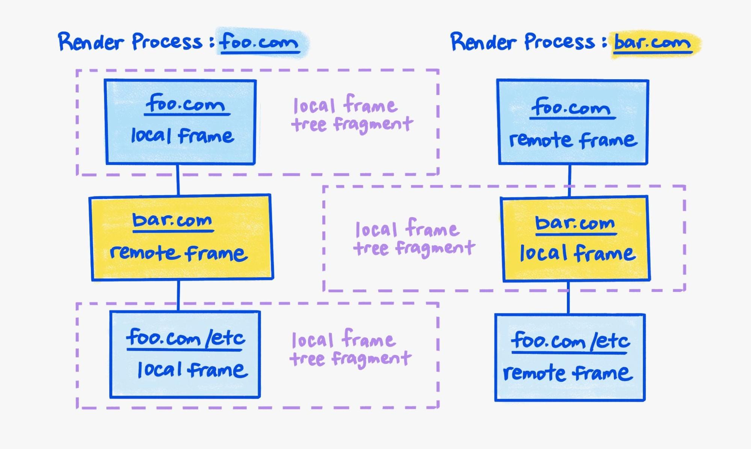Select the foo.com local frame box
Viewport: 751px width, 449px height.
tap(181, 122)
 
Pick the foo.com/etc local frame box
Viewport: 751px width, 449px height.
tap(185, 354)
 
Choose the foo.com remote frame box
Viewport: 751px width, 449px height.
tap(573, 122)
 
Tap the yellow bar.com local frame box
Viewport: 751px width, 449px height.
tap(576, 239)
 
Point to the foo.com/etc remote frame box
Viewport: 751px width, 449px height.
tap(570, 357)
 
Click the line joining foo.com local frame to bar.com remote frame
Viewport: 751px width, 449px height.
tap(178, 180)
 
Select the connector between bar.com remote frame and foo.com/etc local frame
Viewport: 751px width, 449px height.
tap(178, 295)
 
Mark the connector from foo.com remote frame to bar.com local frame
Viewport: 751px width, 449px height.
tap(570, 180)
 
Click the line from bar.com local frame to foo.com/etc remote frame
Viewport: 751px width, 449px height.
tap(568, 298)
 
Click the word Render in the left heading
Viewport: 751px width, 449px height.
tap(91, 42)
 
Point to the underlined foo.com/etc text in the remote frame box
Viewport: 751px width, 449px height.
tap(570, 341)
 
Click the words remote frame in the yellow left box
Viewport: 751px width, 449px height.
tap(179, 253)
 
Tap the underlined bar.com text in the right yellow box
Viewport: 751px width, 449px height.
tap(575, 224)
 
